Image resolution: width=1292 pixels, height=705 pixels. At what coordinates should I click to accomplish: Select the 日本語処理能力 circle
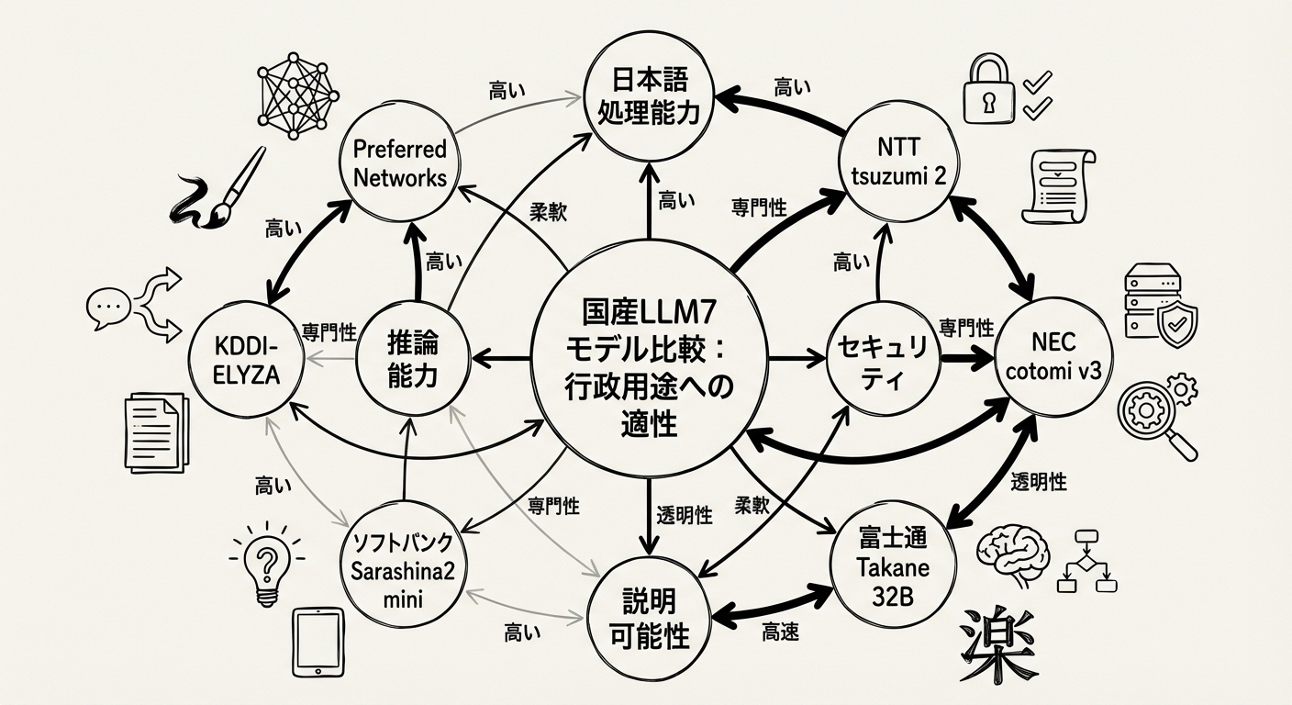649,95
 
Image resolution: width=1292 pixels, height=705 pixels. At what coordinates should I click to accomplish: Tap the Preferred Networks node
399,163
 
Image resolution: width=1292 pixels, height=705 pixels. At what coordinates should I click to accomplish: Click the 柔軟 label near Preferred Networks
548,211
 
